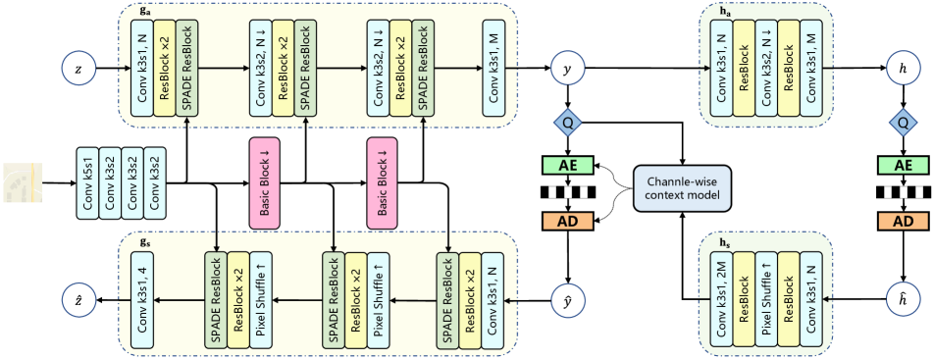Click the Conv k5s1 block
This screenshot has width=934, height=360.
87,182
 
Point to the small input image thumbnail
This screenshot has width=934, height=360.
22,183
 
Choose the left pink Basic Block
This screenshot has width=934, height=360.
262,182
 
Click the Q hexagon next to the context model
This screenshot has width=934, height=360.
566,123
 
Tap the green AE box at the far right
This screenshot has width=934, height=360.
903,166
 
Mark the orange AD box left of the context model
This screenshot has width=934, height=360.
566,221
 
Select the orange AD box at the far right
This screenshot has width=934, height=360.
903,221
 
